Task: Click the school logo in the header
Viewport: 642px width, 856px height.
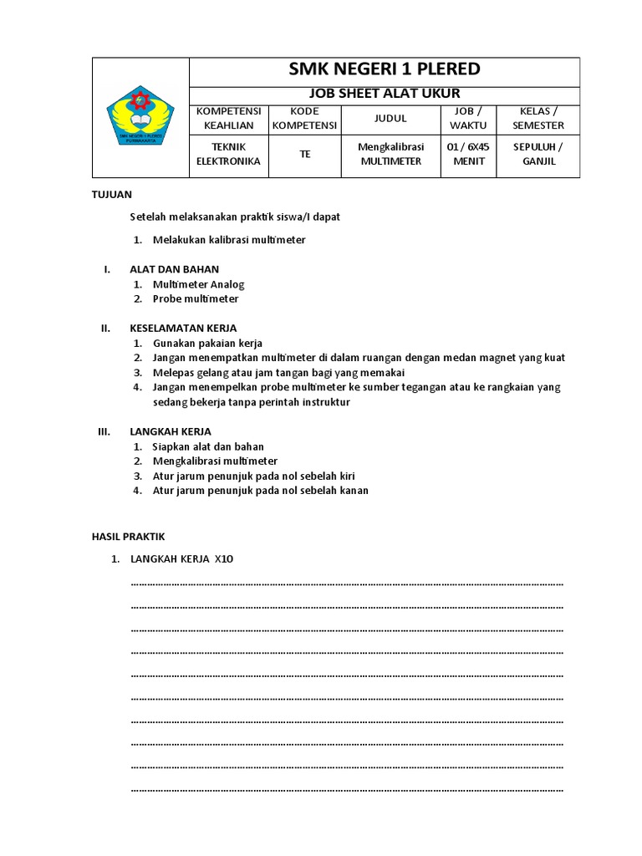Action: point(140,117)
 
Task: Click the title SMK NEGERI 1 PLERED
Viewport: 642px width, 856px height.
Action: point(385,69)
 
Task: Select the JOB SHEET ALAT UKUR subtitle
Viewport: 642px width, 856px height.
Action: point(385,94)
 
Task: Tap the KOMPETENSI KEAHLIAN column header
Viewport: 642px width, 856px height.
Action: point(228,118)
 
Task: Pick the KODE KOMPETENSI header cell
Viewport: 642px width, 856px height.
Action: point(305,118)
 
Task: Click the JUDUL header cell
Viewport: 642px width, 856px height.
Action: point(390,118)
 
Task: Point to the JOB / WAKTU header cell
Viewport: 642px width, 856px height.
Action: point(468,118)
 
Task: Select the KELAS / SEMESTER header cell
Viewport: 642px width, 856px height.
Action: point(538,118)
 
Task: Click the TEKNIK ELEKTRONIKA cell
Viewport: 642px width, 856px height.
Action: point(228,154)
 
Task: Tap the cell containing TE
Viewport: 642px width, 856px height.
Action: point(305,154)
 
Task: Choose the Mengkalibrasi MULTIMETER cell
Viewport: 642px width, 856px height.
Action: point(390,154)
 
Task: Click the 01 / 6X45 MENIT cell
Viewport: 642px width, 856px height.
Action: point(468,154)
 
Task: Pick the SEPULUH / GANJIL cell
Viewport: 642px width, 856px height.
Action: point(538,154)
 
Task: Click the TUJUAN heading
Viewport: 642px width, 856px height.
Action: point(111,194)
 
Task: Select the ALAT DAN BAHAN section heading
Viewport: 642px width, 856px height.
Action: point(174,269)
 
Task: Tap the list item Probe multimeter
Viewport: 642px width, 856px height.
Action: point(196,298)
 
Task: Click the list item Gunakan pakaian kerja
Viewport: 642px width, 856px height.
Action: point(207,343)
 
